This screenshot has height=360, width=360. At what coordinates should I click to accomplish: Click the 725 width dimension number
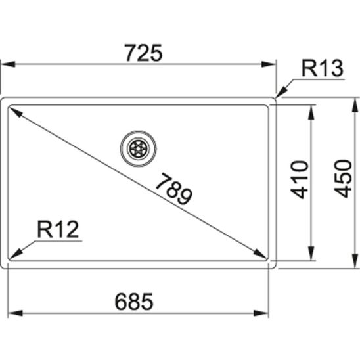coord(141,53)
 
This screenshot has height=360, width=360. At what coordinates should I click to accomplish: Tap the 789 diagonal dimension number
coord(175,190)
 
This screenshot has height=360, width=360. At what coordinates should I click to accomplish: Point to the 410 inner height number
coord(300,179)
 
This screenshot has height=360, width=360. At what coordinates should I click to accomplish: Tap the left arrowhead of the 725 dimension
coord(7,64)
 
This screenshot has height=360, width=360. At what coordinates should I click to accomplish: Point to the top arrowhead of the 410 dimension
coord(309,111)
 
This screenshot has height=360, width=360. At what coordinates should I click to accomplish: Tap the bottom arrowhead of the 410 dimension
coord(309,255)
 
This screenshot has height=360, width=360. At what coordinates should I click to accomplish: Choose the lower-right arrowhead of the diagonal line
coord(260,254)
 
